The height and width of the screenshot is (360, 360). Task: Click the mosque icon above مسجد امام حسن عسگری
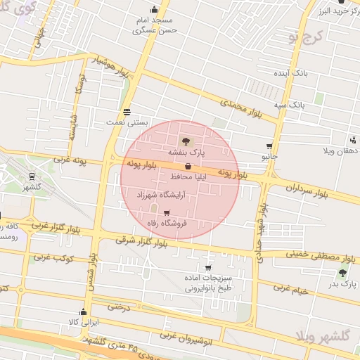click(x=143, y=10)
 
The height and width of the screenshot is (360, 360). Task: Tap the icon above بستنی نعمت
click(x=127, y=111)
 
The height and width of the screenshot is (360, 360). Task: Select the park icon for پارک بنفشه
click(x=185, y=141)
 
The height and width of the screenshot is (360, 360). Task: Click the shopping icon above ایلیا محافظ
click(x=188, y=167)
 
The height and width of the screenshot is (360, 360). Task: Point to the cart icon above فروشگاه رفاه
click(x=166, y=213)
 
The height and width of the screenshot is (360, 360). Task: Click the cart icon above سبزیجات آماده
click(x=208, y=267)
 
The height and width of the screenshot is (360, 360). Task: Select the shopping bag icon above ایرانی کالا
click(x=84, y=312)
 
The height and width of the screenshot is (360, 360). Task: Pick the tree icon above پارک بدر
click(x=342, y=273)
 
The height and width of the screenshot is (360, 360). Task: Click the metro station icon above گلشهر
click(x=32, y=176)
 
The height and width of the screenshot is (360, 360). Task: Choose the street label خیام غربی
click(x=290, y=288)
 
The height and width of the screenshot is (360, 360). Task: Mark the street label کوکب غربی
click(x=53, y=257)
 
